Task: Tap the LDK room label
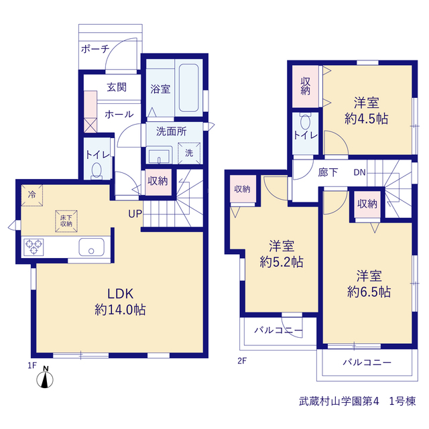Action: pos(121,294)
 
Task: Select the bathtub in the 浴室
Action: pos(189,88)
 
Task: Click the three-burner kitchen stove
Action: pos(34,247)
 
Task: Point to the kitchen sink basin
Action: pos(92,247)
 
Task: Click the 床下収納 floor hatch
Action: pos(66,221)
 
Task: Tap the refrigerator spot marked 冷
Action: pos(32,195)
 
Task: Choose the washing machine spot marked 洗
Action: pos(189,153)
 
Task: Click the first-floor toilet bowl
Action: pos(97,172)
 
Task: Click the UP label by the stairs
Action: pos(135,214)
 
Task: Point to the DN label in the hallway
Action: pos(359,172)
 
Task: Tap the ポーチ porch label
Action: pos(95,49)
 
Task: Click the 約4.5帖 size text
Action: pos(367,119)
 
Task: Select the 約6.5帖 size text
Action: pos(369,292)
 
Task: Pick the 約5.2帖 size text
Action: pos(282,262)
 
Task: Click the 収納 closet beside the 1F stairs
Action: pos(158,182)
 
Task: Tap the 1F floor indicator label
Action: pos(32,365)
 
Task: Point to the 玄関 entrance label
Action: pos(117,87)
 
